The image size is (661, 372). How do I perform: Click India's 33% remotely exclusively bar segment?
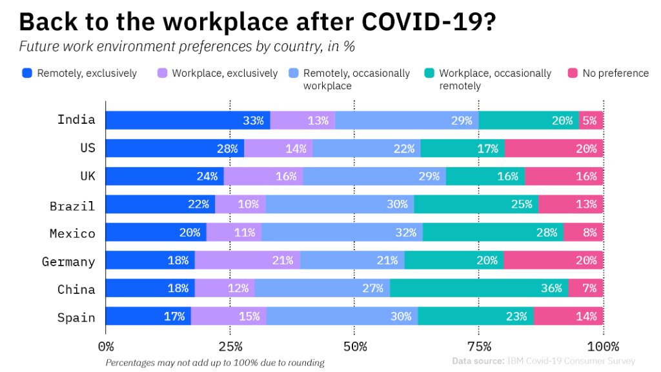click(x=187, y=120)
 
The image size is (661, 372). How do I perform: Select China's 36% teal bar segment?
click(x=479, y=288)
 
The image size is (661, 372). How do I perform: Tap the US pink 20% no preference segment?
click(x=553, y=148)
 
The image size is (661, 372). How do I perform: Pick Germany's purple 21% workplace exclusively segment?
click(x=247, y=260)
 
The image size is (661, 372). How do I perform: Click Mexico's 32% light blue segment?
click(x=341, y=233)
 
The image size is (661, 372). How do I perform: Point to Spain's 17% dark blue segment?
click(x=148, y=317)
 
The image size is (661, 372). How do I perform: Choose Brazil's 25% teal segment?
click(x=476, y=204)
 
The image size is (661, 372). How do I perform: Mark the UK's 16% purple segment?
click(x=263, y=177)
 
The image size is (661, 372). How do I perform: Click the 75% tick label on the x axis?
click(x=479, y=346)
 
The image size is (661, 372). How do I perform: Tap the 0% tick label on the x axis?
click(x=106, y=346)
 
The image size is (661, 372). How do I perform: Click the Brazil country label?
click(x=72, y=206)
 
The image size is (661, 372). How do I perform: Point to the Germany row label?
click(x=68, y=262)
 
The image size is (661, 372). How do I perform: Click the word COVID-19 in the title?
click(x=429, y=21)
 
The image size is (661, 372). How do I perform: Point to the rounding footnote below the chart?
click(x=215, y=363)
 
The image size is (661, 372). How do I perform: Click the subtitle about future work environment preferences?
click(x=187, y=47)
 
